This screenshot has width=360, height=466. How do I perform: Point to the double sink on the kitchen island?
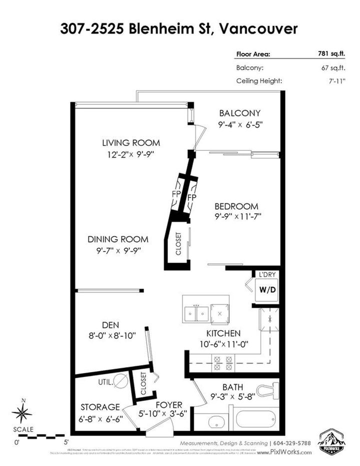pyautogui.click(x=195, y=313)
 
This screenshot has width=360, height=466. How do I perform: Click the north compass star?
pyautogui.click(x=21, y=413)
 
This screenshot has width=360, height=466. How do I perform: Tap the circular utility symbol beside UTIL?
pyautogui.click(x=120, y=382)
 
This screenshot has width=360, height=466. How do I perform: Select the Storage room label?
pyautogui.click(x=100, y=407)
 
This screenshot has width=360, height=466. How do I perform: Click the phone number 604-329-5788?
pyautogui.click(x=292, y=443)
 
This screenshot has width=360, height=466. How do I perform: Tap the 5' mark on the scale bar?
pyautogui.click(x=66, y=442)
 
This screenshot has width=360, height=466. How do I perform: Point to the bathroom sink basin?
pyautogui.click(x=210, y=420)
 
